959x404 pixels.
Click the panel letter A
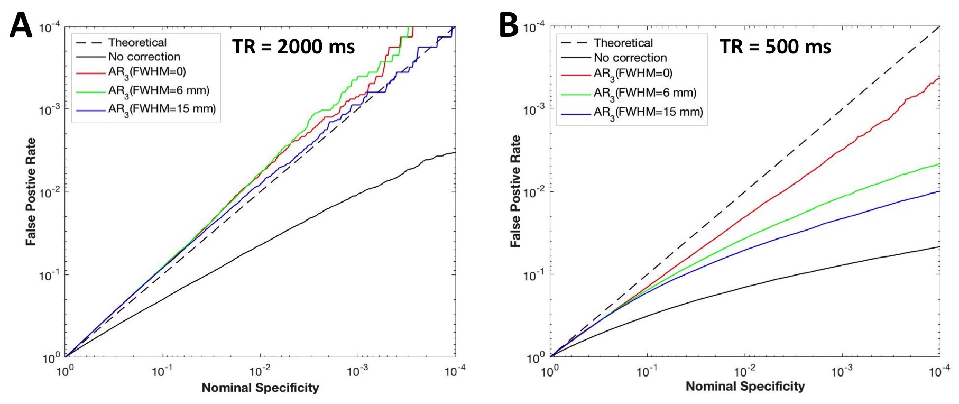tap(21, 25)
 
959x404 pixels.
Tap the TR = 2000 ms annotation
tap(293, 47)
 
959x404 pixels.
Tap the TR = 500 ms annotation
tap(775, 47)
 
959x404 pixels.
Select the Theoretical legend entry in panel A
tap(137, 42)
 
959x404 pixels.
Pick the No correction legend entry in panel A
tap(144, 57)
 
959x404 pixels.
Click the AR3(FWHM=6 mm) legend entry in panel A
tap(159, 91)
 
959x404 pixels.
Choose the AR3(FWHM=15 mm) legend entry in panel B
tap(648, 112)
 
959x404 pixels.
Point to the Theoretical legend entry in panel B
tap(623, 43)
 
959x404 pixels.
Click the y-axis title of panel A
tap(31, 191)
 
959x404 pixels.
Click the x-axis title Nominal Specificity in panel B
tap(745, 387)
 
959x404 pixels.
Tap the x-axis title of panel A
tap(260, 388)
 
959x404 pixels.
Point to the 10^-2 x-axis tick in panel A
tap(260, 372)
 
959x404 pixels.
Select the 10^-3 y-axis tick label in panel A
tap(49, 110)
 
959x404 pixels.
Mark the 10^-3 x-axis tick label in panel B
tap(842, 372)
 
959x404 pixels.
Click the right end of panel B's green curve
tap(939, 164)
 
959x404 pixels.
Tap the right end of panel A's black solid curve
tap(455, 152)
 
